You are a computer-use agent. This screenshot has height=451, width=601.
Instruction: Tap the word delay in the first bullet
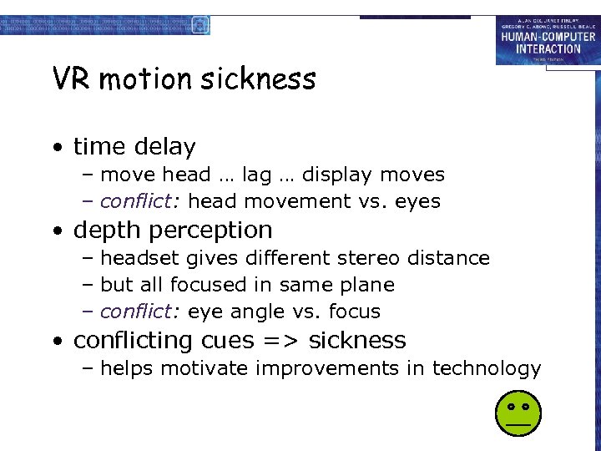pyautogui.click(x=166, y=147)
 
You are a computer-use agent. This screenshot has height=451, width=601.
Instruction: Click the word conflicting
pyautogui.click(x=134, y=341)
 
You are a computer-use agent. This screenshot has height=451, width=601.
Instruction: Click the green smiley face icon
pyautogui.click(x=518, y=413)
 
